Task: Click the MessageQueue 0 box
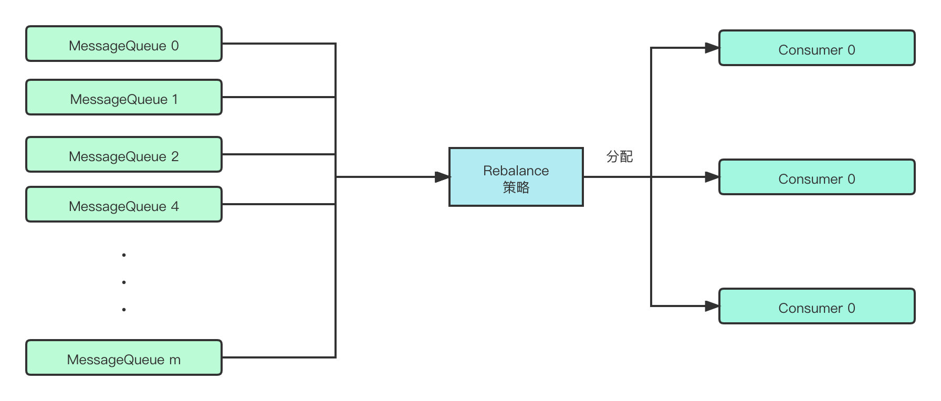(124, 44)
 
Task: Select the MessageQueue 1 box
(124, 98)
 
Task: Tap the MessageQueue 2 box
(124, 155)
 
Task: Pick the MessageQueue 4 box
(124, 205)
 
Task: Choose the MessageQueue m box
(124, 358)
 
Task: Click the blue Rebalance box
(516, 177)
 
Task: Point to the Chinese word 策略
(516, 187)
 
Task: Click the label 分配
(619, 156)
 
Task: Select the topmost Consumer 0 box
(817, 48)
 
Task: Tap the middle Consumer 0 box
(817, 177)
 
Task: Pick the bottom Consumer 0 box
(817, 307)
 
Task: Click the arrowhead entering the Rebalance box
(443, 177)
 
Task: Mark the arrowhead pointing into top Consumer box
(712, 48)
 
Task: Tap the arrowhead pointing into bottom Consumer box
(712, 306)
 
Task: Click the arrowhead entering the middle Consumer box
(712, 177)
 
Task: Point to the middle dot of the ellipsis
(124, 282)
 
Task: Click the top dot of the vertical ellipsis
(124, 255)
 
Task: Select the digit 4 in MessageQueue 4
(175, 206)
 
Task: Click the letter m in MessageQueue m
(175, 360)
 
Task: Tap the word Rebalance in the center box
(516, 171)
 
